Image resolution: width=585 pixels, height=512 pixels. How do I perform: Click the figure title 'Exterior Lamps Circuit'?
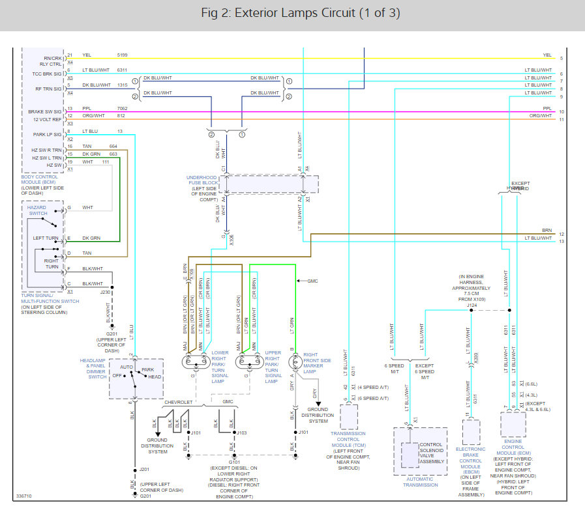(292, 13)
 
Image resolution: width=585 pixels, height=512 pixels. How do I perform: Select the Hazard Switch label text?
(38, 210)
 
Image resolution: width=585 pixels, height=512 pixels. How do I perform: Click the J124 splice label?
(473, 304)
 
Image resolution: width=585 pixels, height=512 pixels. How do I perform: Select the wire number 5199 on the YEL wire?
(123, 55)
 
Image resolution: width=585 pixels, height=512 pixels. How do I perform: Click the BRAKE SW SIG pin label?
(45, 111)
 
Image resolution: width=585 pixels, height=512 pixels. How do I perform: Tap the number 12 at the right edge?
(561, 234)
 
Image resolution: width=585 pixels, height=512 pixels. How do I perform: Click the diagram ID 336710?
(23, 496)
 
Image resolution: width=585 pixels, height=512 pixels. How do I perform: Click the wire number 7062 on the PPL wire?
(123, 109)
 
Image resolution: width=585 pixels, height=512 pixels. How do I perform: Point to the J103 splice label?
(241, 432)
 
